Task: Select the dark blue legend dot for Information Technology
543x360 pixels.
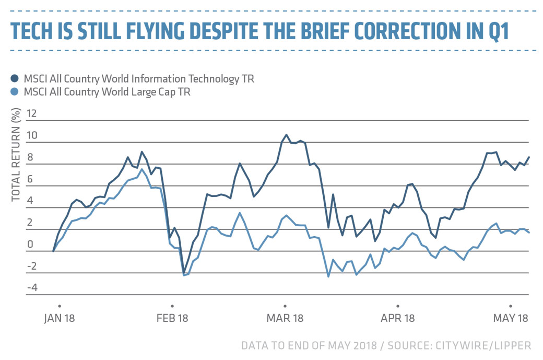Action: (15, 79)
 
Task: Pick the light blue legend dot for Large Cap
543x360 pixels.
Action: (15, 92)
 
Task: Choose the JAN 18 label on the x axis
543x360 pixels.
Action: (60, 318)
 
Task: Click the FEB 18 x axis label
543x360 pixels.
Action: (172, 318)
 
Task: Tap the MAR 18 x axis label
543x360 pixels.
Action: (285, 318)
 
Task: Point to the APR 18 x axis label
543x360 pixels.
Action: (398, 318)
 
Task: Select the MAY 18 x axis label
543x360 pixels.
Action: (511, 318)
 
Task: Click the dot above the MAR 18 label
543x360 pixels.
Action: (285, 306)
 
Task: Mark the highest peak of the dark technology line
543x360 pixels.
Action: (286, 134)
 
